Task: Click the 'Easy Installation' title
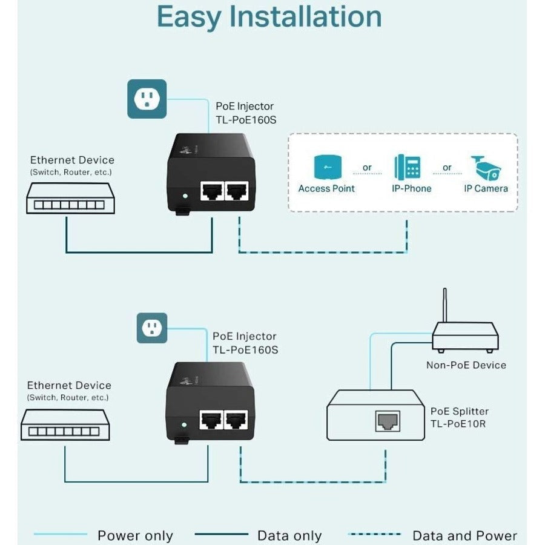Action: click(269, 18)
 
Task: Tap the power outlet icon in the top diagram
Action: click(147, 99)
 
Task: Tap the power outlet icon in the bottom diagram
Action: click(151, 328)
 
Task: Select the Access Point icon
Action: click(326, 167)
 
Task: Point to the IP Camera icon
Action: click(486, 167)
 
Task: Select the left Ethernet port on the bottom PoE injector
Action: click(212, 420)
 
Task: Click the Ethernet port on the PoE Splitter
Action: click(386, 420)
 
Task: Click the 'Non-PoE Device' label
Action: click(466, 365)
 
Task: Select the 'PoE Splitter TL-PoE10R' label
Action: click(459, 417)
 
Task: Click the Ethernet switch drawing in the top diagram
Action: click(66, 199)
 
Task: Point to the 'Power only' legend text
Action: click(135, 536)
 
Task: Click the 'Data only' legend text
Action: click(289, 536)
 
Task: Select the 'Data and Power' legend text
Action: click(464, 536)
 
